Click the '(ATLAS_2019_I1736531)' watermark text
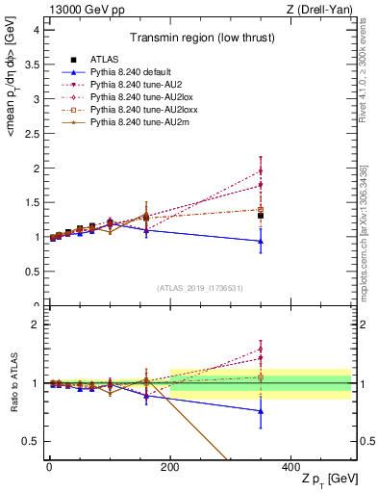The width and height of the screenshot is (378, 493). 198,288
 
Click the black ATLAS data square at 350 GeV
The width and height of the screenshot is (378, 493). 261,216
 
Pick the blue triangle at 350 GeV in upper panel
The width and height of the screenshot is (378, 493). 261,242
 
